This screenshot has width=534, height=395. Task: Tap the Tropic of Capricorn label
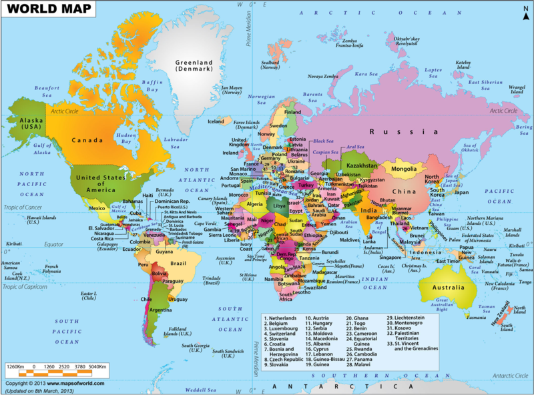click(27, 287)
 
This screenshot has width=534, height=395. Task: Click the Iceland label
click(216, 121)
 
